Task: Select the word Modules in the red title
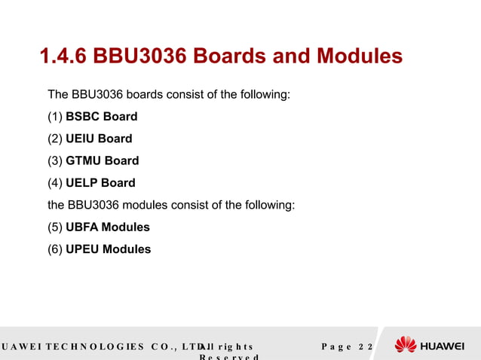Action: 360,56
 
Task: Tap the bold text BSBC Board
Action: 102,117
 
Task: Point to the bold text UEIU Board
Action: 99,139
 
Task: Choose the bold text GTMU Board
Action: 103,160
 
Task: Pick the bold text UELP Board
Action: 101,182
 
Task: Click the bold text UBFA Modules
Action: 108,227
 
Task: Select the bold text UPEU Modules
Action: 109,249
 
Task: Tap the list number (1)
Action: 55,117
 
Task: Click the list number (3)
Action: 55,160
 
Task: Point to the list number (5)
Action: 55,227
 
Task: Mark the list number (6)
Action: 55,249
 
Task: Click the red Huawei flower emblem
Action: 406,345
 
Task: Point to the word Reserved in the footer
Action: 228,357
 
